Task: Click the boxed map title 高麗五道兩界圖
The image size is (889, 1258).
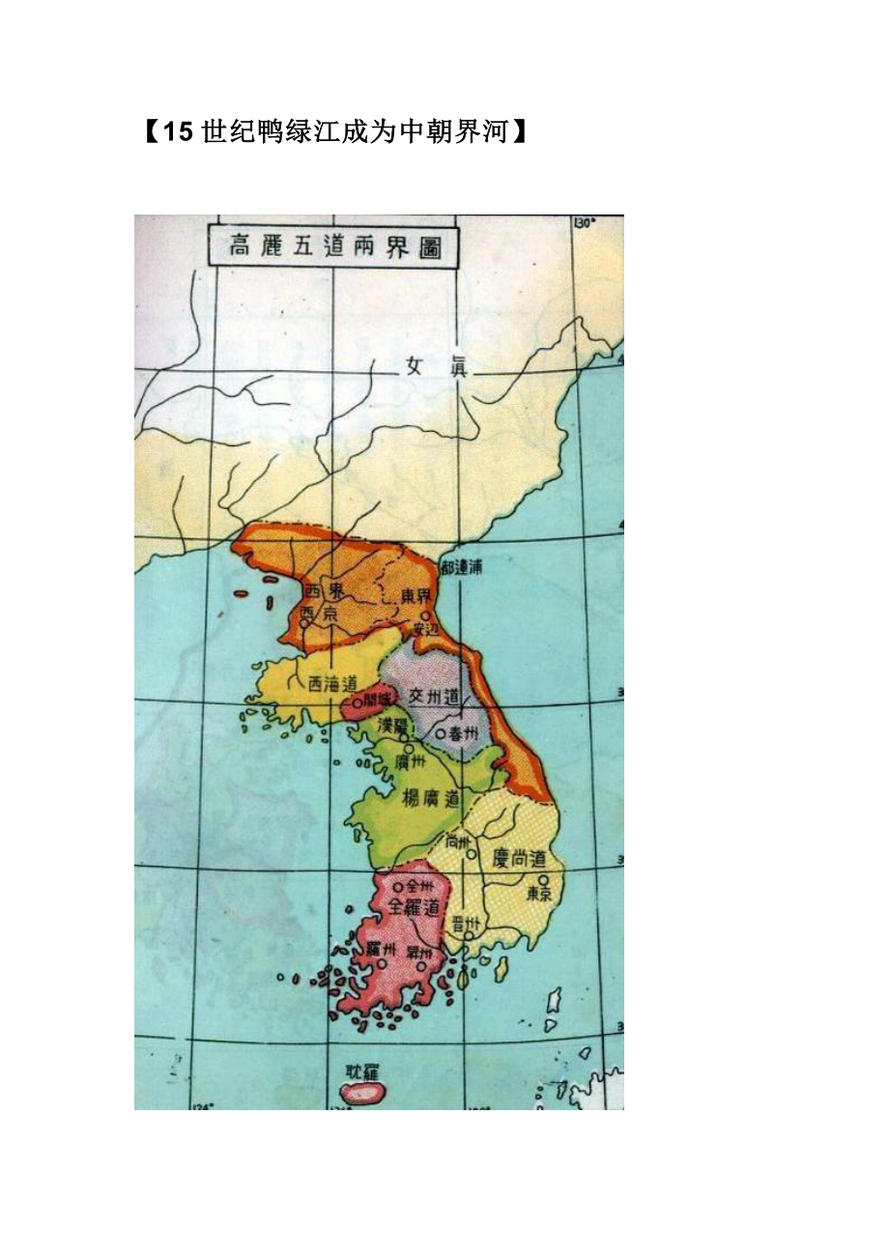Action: pos(333,245)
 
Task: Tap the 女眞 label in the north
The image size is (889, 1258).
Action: pos(432,367)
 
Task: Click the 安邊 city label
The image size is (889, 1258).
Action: pos(425,629)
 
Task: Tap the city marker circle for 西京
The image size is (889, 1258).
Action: pos(303,623)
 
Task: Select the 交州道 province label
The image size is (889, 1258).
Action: pos(430,695)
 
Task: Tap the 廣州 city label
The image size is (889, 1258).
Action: pos(411,761)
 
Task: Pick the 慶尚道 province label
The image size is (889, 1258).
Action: pos(518,858)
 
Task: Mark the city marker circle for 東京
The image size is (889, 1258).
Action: pos(544,880)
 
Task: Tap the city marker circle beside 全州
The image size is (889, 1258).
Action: pos(398,886)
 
